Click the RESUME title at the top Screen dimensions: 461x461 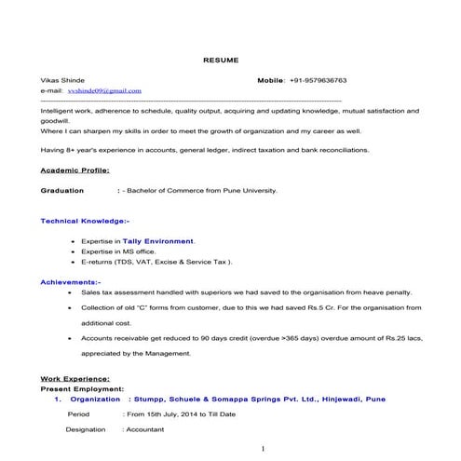point(221,60)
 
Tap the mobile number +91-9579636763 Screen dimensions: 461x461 point(319,81)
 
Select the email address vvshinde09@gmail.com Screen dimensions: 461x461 point(103,91)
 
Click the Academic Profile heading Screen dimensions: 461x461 point(75,170)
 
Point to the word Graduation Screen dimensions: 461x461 point(62,190)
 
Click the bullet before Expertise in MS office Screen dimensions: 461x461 point(73,251)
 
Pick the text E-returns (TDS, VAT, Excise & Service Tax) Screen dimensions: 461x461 point(156,262)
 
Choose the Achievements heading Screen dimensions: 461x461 point(71,281)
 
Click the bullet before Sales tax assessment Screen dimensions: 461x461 point(73,291)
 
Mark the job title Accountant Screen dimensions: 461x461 point(144,429)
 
